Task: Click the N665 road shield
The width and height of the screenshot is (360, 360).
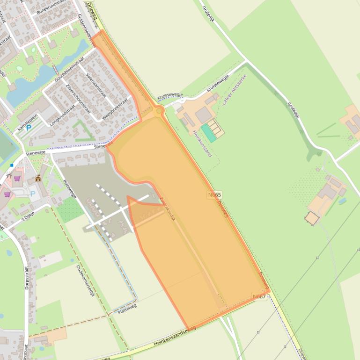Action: coord(214,194)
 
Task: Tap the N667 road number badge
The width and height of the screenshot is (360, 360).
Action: coord(259,296)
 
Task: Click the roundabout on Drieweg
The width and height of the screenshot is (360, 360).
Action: coord(159,111)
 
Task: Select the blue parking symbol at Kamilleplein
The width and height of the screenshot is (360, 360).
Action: coord(29,128)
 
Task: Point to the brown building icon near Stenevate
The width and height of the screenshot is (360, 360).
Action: coord(38,178)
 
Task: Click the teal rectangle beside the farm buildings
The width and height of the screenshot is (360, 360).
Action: coord(209,133)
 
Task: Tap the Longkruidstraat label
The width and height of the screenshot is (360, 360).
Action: coord(62,116)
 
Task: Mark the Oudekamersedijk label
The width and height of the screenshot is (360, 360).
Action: coord(85,281)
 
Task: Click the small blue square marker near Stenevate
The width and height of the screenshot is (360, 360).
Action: coord(12,165)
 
